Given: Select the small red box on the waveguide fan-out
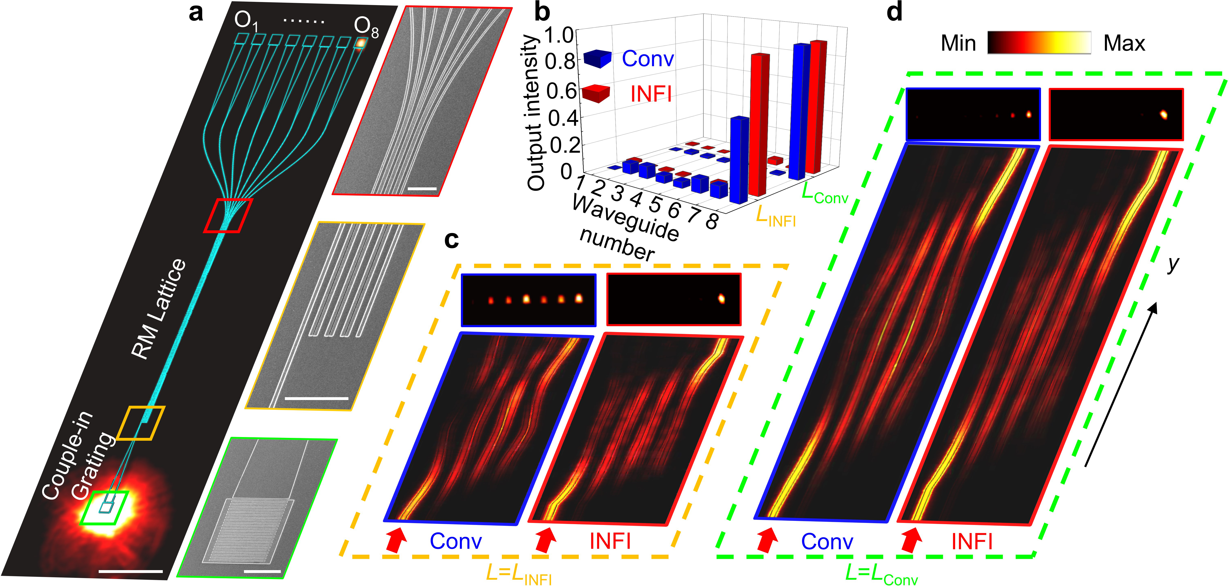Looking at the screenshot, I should click(228, 216).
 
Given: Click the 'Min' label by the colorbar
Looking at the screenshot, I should click(958, 44).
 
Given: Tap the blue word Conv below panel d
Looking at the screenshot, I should click(827, 542).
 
